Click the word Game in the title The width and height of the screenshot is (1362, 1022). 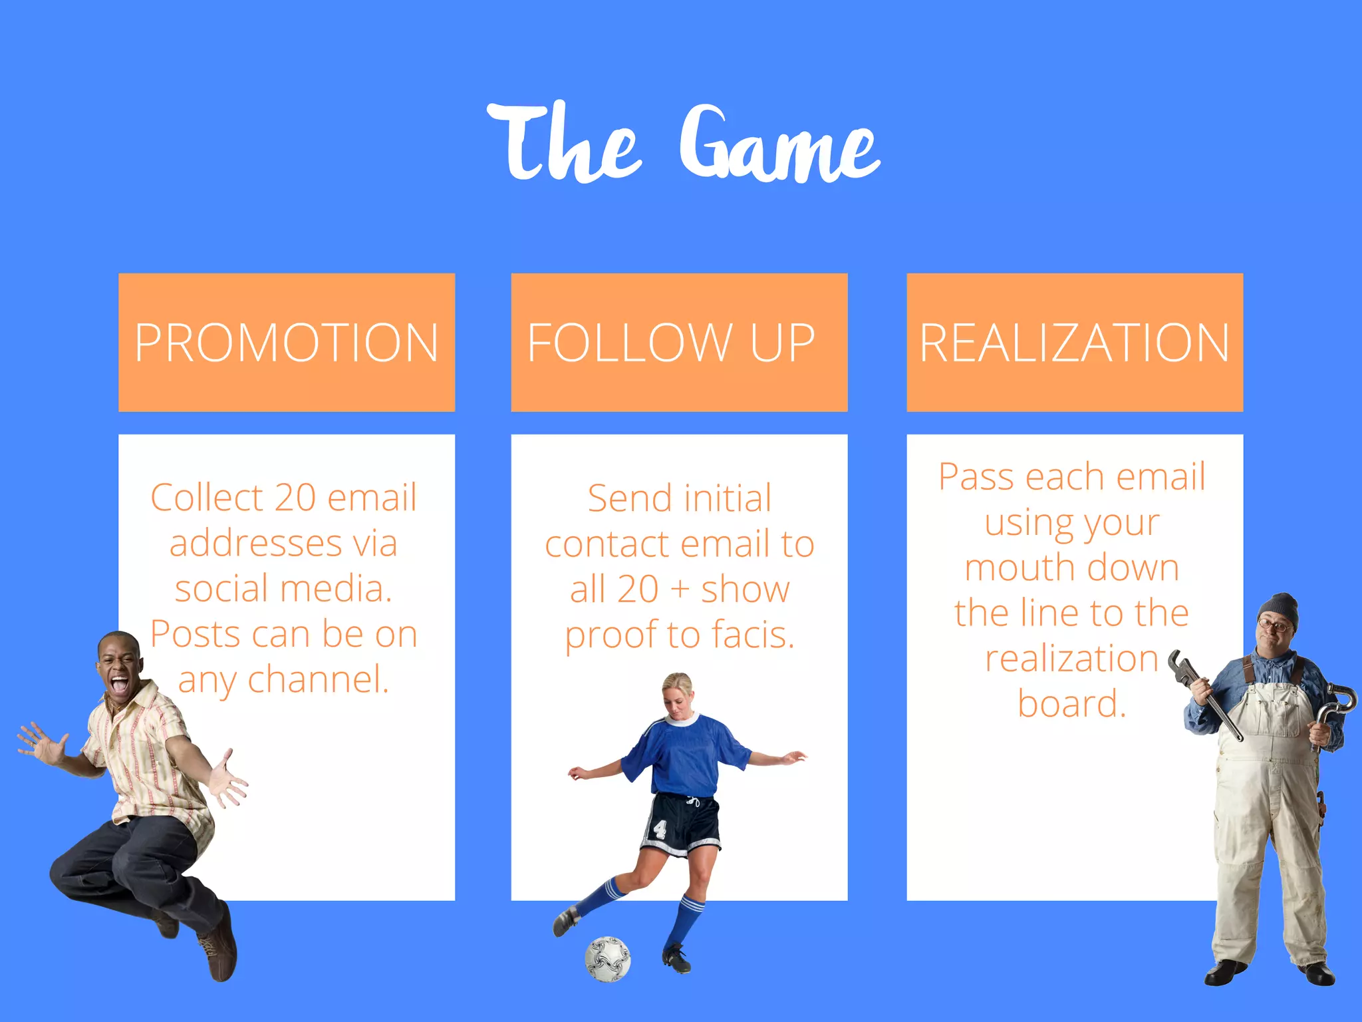tap(779, 145)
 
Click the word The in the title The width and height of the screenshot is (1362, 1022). tap(564, 143)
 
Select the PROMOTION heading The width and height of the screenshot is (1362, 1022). tap(287, 343)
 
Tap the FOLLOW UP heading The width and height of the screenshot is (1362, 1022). tap(671, 343)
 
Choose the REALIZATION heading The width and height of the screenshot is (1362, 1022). tap(1074, 343)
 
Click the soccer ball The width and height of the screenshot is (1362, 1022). tap(607, 959)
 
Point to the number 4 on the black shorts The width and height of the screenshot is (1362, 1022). tap(660, 828)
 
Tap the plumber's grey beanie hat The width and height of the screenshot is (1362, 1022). tap(1279, 609)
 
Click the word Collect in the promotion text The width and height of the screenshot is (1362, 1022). tap(207, 498)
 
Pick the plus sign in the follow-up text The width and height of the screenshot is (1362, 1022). tap(679, 590)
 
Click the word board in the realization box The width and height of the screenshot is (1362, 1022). tap(1071, 703)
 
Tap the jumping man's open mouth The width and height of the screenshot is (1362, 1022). tap(120, 683)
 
